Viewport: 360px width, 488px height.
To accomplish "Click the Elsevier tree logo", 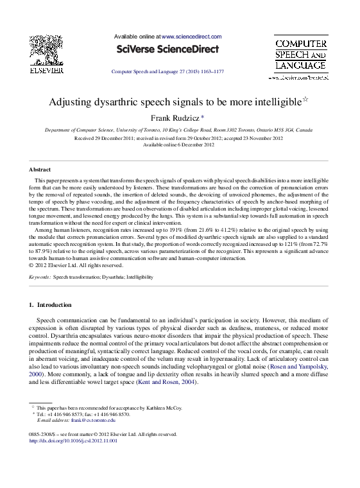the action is pyautogui.click(x=50, y=49).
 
